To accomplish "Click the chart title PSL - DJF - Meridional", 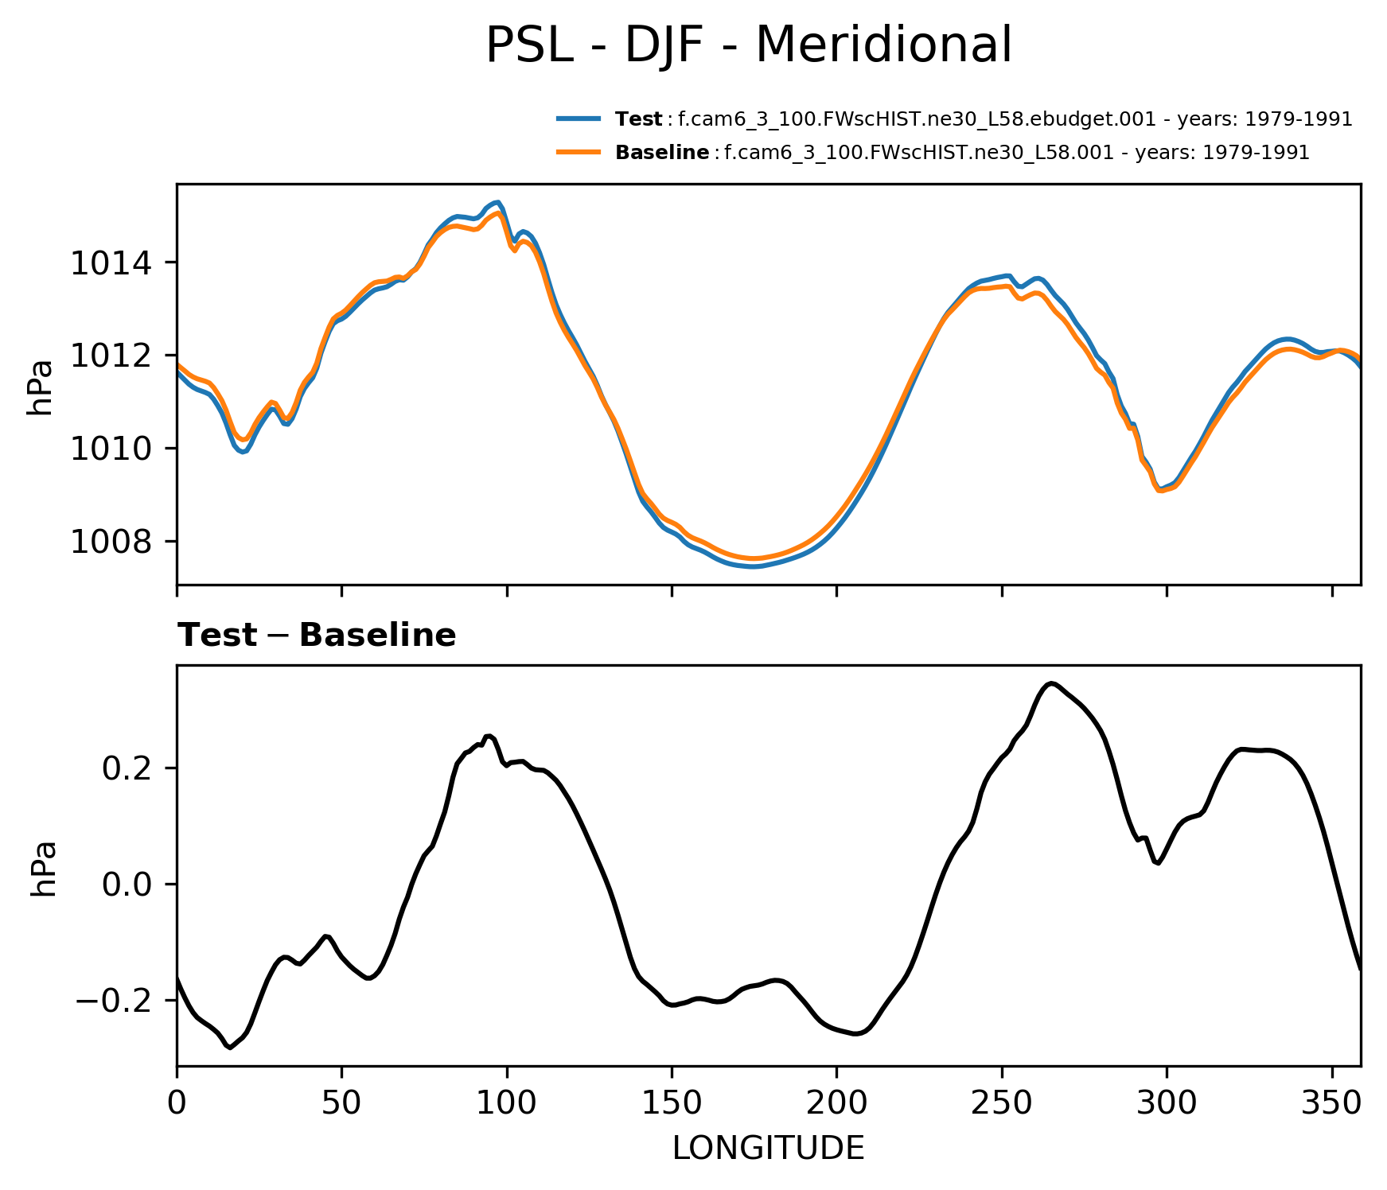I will coord(748,45).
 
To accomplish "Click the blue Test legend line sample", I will coord(579,119).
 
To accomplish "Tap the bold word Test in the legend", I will coord(638,119).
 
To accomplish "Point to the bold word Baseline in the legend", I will coord(662,153).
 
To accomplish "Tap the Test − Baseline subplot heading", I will coord(317,636).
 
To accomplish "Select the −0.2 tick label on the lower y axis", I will coord(119,1000).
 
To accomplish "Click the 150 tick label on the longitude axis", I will coord(672,1104).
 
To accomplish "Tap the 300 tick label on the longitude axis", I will coord(1167,1104).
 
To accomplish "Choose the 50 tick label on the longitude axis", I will coord(341,1104).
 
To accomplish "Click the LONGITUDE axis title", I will coord(768,1148).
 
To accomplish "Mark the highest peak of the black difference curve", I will coord(1051,683).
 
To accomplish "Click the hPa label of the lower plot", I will coord(43,868).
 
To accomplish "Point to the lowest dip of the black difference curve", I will coord(229,1048).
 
